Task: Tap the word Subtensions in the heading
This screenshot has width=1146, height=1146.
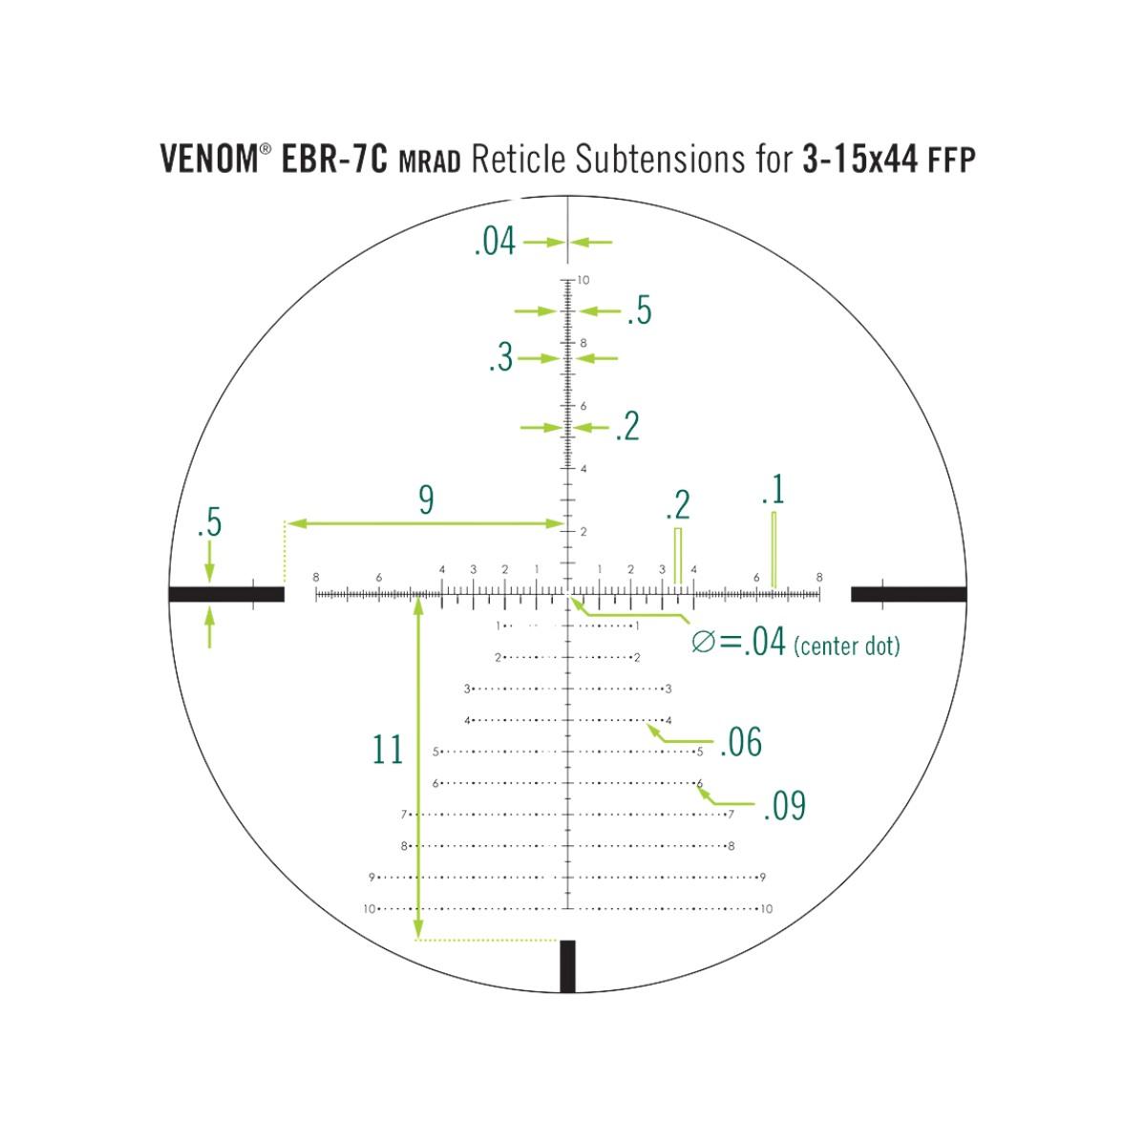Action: (x=643, y=159)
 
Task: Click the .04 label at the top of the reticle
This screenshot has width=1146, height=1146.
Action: (x=495, y=243)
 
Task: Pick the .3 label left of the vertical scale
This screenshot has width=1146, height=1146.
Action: (x=500, y=359)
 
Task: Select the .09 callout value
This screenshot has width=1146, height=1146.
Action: (x=784, y=807)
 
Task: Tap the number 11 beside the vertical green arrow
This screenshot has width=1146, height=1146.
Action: (x=388, y=751)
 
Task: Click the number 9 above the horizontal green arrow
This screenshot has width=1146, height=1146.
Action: (x=426, y=499)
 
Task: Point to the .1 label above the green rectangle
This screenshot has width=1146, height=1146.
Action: (x=773, y=491)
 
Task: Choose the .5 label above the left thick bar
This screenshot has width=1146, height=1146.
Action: (x=209, y=524)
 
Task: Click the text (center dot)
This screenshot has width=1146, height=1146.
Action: (x=846, y=647)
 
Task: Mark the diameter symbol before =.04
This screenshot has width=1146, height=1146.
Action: (x=703, y=643)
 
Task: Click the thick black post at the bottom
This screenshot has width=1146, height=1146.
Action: (x=568, y=966)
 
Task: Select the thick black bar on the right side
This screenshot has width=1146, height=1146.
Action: (x=908, y=594)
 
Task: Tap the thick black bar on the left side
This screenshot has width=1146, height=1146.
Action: (x=226, y=594)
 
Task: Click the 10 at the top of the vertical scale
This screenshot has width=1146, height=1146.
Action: (x=583, y=281)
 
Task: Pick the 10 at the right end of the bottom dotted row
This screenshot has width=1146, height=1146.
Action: (x=767, y=909)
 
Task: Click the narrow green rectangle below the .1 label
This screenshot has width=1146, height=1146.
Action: (x=774, y=550)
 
